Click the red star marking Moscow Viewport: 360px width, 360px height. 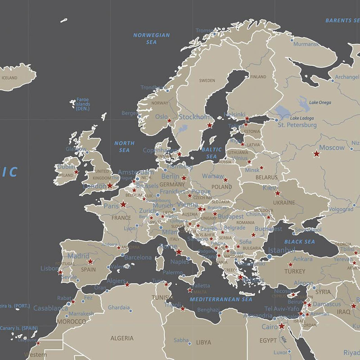click(x=316, y=154)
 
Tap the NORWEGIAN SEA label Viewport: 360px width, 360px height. click(x=151, y=38)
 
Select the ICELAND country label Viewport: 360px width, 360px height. click(x=9, y=78)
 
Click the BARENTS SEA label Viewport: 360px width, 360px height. click(x=342, y=20)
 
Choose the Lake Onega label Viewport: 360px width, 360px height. click(x=320, y=102)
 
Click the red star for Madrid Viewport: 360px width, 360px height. click(x=90, y=261)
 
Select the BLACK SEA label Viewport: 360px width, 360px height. click(x=299, y=242)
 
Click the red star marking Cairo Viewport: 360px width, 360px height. click(x=282, y=326)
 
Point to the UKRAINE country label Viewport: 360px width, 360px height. click(x=284, y=202)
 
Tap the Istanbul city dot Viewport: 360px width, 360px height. click(x=270, y=256)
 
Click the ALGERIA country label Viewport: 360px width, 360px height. click(x=122, y=338)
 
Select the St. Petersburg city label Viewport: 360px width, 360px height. click(x=297, y=125)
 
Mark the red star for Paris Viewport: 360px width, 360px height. click(x=123, y=204)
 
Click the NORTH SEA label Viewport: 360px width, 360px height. click(x=124, y=146)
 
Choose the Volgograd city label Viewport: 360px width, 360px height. click(x=341, y=209)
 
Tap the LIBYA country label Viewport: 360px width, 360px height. click(x=203, y=342)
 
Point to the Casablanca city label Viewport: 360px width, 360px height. click(x=50, y=308)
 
